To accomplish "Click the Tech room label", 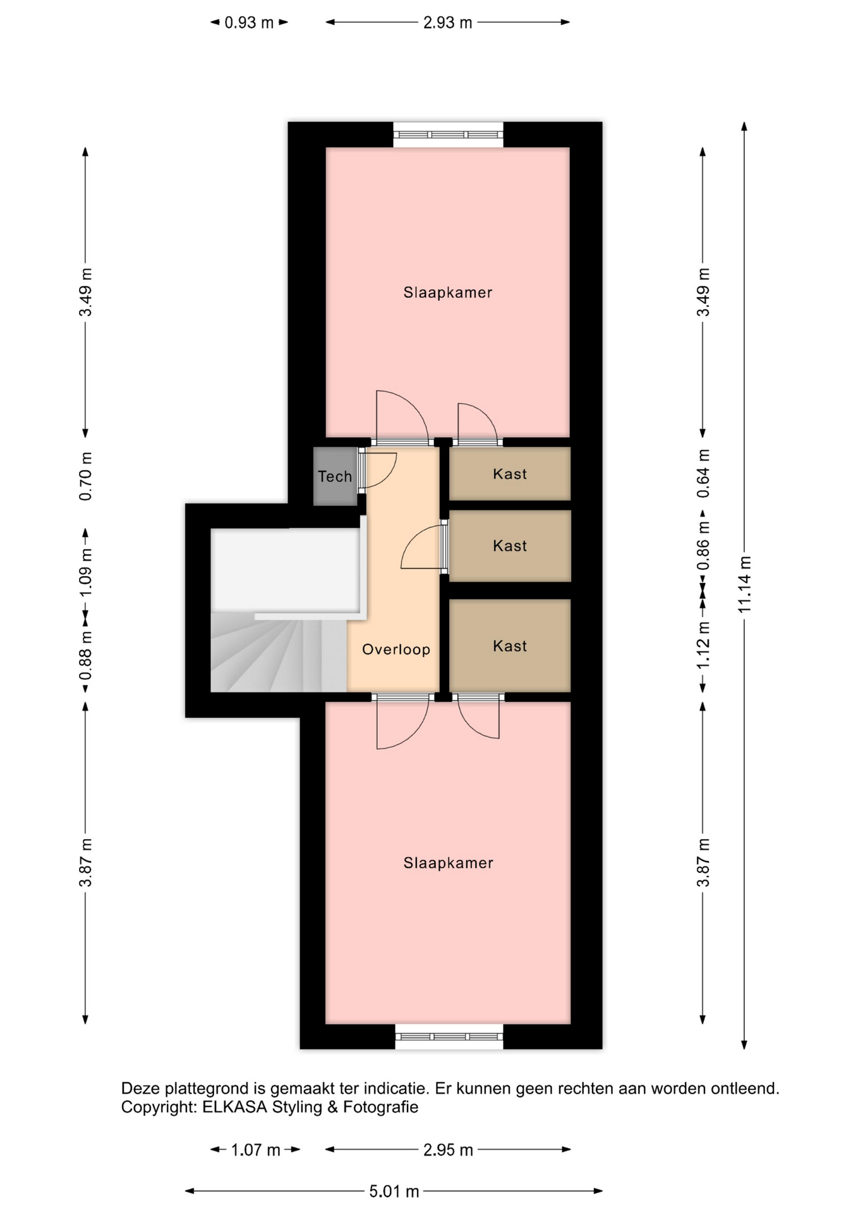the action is point(335,476).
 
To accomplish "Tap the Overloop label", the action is point(396,649).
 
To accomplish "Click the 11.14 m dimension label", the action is point(744,584).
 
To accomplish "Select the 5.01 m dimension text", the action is point(394,1192).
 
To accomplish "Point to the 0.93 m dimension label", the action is point(249,23).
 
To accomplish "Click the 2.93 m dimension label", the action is point(447,23).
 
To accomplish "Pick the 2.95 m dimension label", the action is point(448,1150).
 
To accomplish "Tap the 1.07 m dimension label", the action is point(255,1150).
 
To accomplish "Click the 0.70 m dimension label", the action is point(86,476).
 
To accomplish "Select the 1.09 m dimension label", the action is point(86,572).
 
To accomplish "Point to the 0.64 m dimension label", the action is point(703,474).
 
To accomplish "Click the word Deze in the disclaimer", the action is point(141,1089).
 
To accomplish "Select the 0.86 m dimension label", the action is point(703,546).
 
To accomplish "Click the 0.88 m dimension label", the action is point(86,656).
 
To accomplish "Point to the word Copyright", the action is point(159,1107).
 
